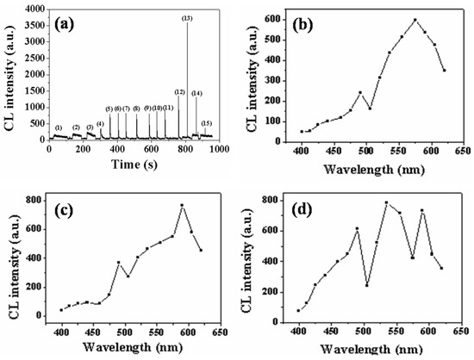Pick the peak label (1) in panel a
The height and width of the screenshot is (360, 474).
click(59, 127)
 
